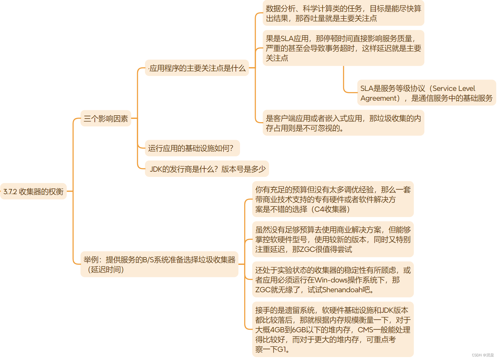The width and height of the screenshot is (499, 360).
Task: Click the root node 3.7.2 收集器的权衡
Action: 33,192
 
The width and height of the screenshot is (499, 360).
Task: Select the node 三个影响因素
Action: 106,119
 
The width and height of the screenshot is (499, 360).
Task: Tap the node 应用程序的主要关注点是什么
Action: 197,68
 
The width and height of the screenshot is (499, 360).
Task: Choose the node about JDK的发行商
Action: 207,169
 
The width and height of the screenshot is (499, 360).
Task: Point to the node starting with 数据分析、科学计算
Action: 343,13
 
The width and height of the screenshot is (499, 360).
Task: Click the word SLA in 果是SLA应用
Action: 288,39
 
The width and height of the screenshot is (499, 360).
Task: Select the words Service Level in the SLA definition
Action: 454,89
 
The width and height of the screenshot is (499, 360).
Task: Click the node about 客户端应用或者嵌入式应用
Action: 343,123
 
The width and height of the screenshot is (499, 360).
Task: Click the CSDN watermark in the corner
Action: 483,355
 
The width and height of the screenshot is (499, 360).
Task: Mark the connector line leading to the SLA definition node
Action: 344,85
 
